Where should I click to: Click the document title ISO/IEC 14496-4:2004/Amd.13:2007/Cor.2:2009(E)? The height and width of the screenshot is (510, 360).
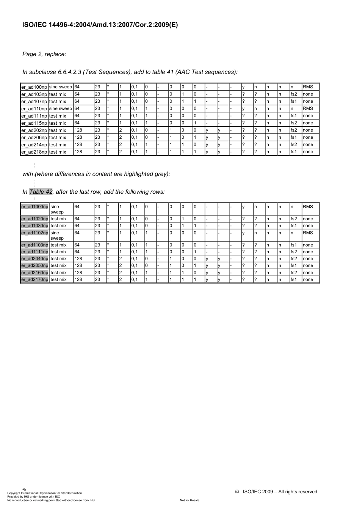(x=100, y=25)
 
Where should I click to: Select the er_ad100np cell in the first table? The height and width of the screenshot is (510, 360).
(x=34, y=87)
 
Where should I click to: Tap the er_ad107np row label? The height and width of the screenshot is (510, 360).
(x=34, y=101)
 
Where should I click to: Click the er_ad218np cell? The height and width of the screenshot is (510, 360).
(x=34, y=152)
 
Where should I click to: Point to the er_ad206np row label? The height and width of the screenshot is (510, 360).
(x=34, y=137)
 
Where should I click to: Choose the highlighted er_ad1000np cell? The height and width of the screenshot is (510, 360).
(x=35, y=207)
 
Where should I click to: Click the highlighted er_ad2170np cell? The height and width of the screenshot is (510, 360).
(x=35, y=279)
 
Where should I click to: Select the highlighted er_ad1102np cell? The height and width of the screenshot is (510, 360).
(x=35, y=233)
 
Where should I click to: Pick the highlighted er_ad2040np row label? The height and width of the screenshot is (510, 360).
(x=35, y=259)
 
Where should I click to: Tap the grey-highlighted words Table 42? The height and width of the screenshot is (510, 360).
(x=41, y=192)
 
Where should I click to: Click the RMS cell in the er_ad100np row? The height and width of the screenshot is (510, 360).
(x=308, y=87)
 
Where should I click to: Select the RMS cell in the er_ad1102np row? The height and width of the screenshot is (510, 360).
(x=308, y=233)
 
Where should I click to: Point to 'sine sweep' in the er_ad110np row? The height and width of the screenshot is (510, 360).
(x=60, y=108)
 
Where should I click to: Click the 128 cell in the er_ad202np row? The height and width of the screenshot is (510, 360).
(x=78, y=130)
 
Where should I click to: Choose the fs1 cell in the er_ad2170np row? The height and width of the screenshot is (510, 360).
(x=294, y=279)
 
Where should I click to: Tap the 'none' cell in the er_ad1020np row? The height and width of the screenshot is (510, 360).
(x=308, y=219)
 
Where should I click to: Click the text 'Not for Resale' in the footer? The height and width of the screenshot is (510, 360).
(x=189, y=500)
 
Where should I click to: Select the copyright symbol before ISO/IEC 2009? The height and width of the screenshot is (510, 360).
(x=237, y=492)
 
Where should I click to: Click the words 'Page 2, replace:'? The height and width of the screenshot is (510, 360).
(x=44, y=54)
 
